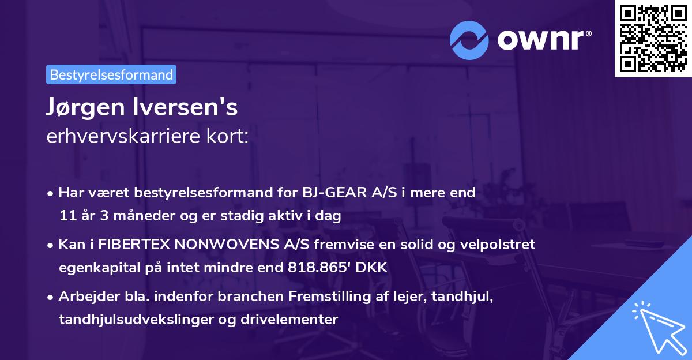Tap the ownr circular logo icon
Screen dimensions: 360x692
(470, 40)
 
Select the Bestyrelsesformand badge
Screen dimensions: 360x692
(111, 74)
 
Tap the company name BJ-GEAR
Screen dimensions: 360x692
(328, 193)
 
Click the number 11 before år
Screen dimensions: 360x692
(67, 216)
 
